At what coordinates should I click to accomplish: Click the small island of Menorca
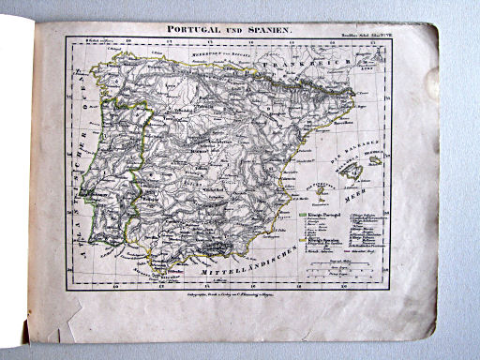click(x=375, y=159)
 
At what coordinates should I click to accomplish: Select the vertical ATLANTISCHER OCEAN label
click(x=81, y=169)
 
